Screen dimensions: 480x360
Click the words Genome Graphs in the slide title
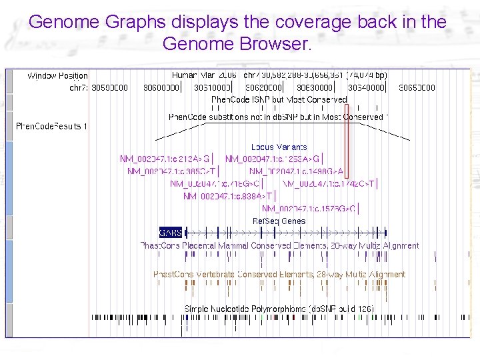point(98,22)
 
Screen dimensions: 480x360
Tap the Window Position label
point(57,76)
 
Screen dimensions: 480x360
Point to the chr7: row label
point(78,87)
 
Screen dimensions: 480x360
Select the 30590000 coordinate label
point(110,87)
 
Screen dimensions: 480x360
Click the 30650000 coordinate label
point(417,87)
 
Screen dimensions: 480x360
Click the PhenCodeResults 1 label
point(51,126)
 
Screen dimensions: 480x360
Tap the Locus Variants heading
point(279,147)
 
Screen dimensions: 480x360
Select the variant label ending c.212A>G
point(165,159)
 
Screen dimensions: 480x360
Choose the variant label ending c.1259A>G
point(273,159)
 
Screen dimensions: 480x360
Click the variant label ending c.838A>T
point(227,196)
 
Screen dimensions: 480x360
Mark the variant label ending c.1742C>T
point(329,183)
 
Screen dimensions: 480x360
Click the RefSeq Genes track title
point(279,221)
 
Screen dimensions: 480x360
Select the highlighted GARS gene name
point(170,233)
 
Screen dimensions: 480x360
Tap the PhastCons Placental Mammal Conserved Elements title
point(279,245)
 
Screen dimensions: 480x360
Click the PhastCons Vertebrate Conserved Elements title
point(279,274)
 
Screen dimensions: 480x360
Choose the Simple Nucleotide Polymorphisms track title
point(279,309)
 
